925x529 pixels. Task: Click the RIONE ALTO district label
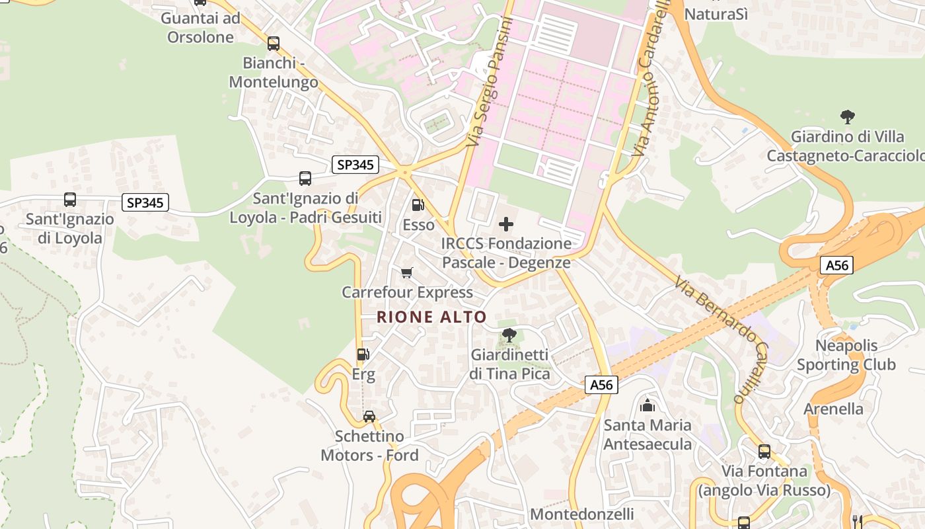click(431, 317)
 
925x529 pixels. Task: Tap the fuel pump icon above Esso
click(418, 205)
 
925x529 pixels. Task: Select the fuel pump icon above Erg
click(363, 354)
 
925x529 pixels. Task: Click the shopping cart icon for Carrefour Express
click(407, 272)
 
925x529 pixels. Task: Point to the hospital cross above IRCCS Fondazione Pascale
click(506, 224)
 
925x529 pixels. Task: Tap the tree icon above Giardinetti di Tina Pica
click(509, 335)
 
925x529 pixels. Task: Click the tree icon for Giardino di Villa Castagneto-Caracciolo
click(847, 118)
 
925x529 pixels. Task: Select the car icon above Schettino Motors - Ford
click(369, 416)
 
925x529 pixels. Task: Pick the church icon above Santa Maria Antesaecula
click(647, 405)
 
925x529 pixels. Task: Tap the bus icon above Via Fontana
click(764, 452)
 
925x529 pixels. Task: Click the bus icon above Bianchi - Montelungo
click(273, 44)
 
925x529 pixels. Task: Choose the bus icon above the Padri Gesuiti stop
click(305, 178)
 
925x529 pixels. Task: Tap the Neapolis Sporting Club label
click(846, 355)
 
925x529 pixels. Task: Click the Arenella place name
click(833, 409)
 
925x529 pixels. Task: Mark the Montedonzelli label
click(582, 514)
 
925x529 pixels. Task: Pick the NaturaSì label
click(716, 13)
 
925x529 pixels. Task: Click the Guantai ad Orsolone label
click(201, 27)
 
